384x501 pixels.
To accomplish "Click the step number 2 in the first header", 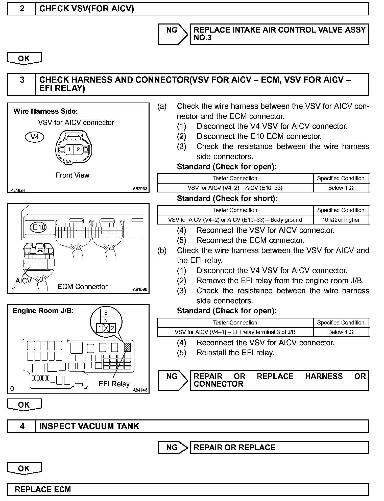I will (x=22, y=9).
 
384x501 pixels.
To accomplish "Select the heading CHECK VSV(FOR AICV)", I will (x=86, y=9).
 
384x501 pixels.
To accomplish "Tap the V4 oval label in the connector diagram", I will (x=35, y=137).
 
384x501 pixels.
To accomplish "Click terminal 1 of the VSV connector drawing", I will (x=69, y=149).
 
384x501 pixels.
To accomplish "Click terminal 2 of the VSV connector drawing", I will (x=78, y=149).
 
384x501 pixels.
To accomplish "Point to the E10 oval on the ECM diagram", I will (x=38, y=227).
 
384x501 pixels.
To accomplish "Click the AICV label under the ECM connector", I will (x=23, y=281).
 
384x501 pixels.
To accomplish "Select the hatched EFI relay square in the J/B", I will (x=128, y=347).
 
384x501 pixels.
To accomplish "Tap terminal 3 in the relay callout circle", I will (x=106, y=313).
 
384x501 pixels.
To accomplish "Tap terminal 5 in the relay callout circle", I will (x=106, y=320).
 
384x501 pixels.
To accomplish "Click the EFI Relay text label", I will (x=114, y=384).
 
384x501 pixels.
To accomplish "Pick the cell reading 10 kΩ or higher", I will (x=341, y=220).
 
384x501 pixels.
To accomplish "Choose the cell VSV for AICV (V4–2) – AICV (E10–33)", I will (x=235, y=188).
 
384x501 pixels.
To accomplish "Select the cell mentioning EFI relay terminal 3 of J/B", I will (x=235, y=332).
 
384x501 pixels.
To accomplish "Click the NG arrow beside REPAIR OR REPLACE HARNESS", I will (x=173, y=380).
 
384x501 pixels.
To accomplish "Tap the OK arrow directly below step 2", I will (x=24, y=59).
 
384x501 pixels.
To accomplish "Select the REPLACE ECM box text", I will (x=43, y=489).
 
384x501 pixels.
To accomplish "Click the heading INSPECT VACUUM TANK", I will (x=89, y=426).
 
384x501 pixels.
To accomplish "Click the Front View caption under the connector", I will (x=73, y=175).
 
